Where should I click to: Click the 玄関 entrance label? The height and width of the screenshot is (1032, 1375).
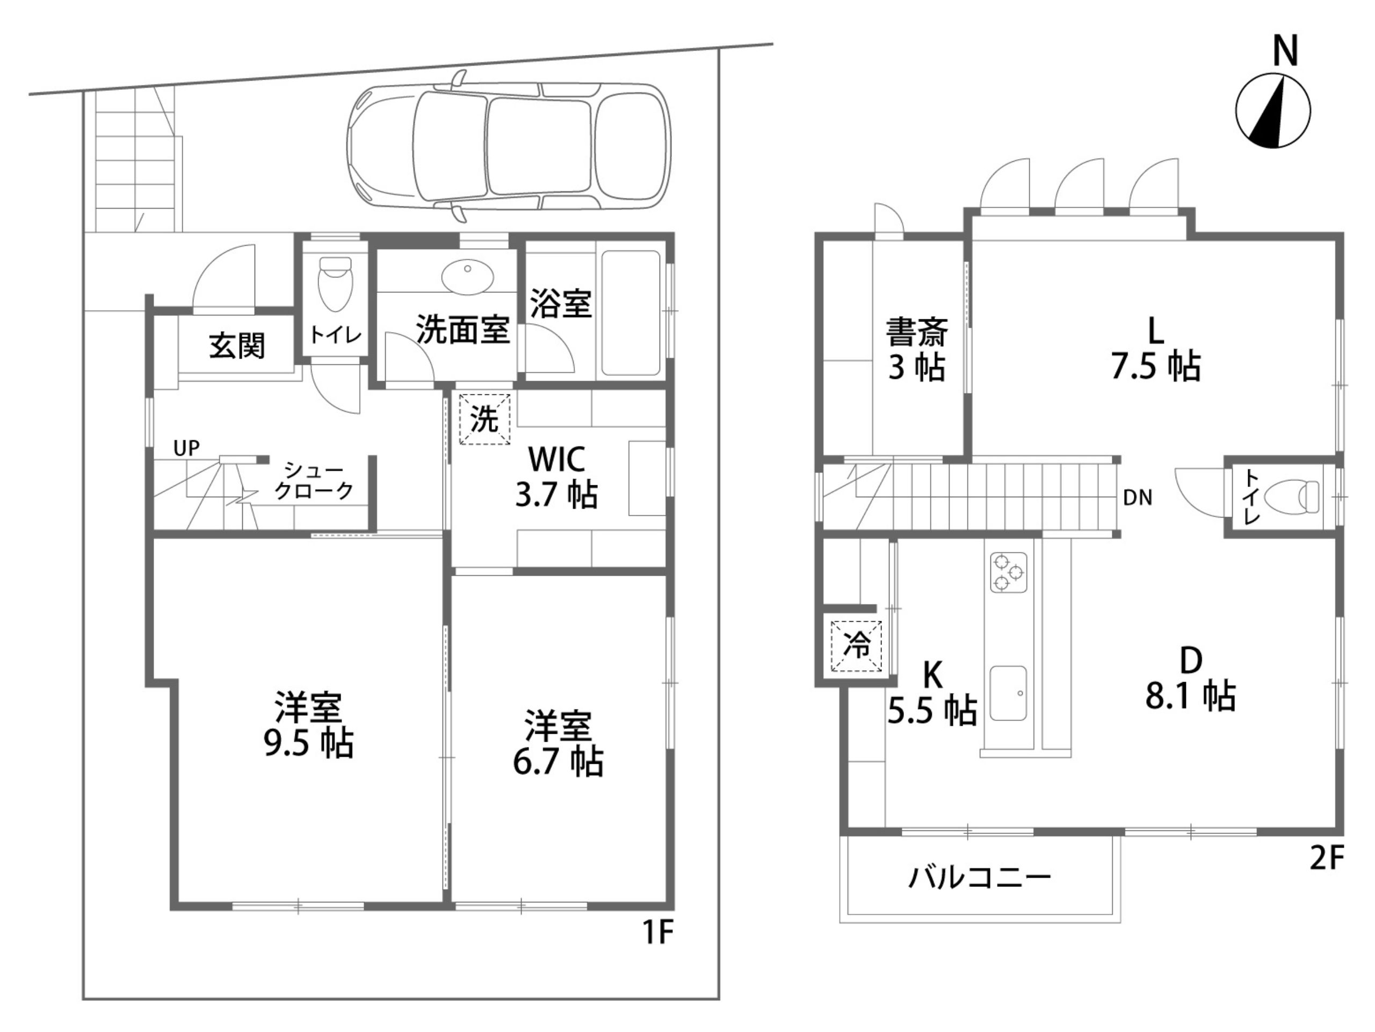click(x=237, y=345)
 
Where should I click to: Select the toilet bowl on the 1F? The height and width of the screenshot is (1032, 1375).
click(x=335, y=284)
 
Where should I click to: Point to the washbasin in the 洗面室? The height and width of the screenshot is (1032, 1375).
click(x=467, y=277)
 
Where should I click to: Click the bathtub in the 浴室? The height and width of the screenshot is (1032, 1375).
click(x=631, y=313)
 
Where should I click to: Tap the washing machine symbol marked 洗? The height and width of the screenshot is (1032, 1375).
click(x=484, y=419)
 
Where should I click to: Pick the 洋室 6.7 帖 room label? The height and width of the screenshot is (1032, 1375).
click(x=558, y=743)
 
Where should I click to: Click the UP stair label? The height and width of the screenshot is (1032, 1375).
click(x=186, y=448)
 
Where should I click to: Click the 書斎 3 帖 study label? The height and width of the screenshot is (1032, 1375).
click(x=917, y=349)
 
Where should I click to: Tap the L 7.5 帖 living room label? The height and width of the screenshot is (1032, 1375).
click(x=1155, y=348)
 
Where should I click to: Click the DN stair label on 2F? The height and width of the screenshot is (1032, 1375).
click(x=1138, y=498)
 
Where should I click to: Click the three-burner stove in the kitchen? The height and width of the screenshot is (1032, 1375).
click(x=1008, y=572)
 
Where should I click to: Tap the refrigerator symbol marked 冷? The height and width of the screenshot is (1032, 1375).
click(x=857, y=646)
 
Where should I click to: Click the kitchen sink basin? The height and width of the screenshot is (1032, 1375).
click(x=1008, y=693)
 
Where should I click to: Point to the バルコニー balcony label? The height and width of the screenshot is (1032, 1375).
click(x=980, y=878)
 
